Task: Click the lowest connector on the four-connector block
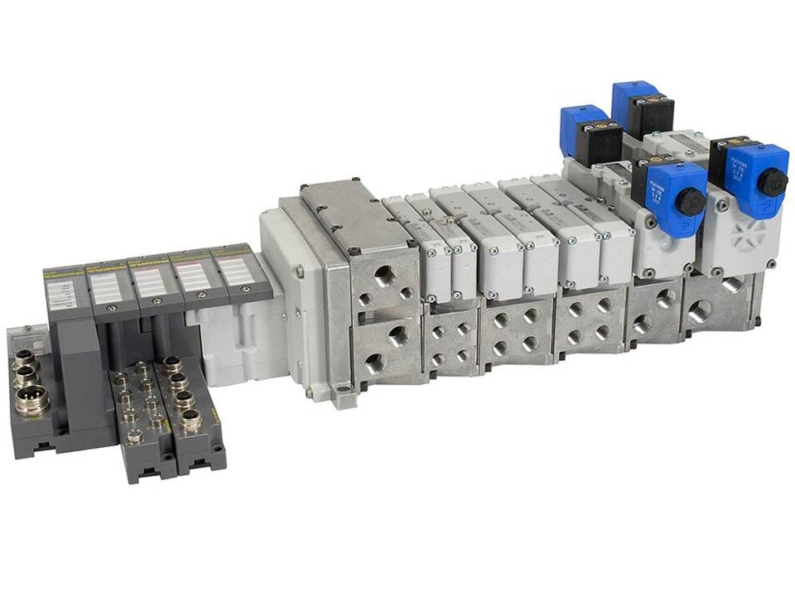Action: (191, 421)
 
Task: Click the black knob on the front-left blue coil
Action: (689, 200)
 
